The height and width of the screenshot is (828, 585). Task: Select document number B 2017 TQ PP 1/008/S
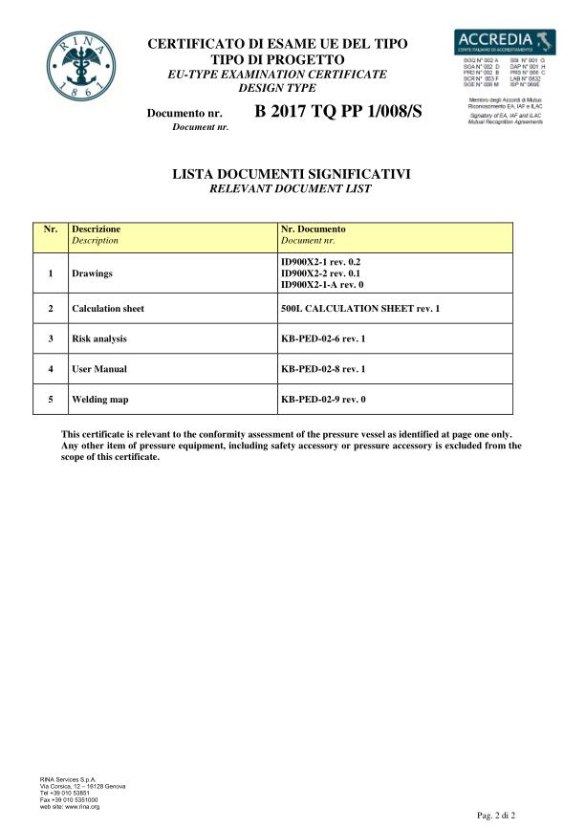(338, 113)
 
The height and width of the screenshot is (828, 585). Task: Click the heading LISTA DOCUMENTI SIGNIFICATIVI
(291, 175)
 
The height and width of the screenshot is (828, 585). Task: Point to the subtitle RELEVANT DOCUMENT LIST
(291, 189)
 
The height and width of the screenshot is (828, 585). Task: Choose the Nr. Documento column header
(314, 229)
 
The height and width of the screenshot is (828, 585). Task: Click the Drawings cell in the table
(93, 273)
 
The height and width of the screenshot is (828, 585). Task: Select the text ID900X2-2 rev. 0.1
(320, 273)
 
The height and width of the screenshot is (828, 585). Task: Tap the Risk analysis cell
(99, 338)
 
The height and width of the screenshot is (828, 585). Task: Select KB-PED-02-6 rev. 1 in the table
(323, 338)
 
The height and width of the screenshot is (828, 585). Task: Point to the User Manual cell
(99, 368)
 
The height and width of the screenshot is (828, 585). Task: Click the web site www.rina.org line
(70, 807)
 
